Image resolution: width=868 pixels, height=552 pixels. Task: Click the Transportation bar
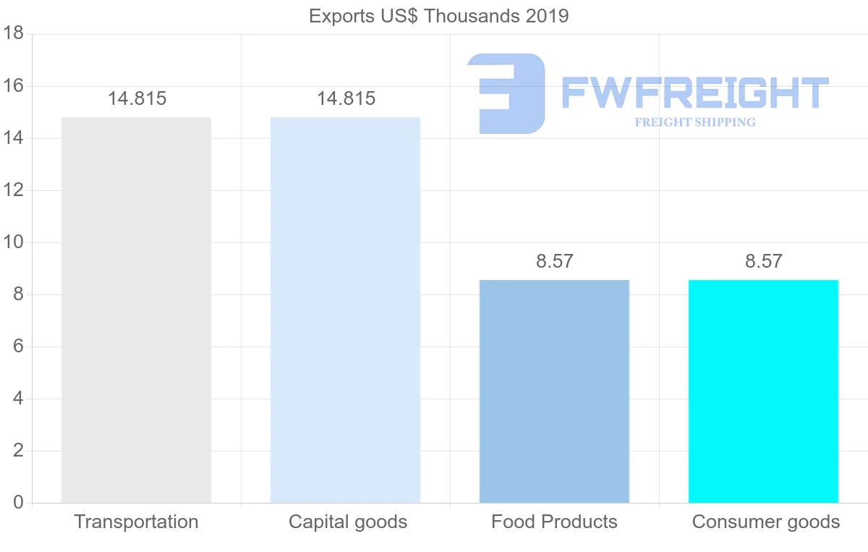(136, 310)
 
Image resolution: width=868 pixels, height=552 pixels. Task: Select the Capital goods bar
(345, 310)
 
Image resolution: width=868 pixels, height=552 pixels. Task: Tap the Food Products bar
(554, 391)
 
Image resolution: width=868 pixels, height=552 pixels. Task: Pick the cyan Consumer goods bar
(763, 391)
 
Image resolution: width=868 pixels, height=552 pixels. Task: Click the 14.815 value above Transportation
(137, 99)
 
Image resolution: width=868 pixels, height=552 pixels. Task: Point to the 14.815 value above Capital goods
(346, 99)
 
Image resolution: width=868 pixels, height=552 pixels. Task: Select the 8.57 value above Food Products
(555, 261)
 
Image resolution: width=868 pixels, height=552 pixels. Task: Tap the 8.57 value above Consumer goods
(764, 261)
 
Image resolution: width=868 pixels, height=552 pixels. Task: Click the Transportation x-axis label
(136, 522)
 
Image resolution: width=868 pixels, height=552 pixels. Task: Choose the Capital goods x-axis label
(348, 522)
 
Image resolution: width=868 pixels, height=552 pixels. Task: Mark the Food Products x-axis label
(554, 522)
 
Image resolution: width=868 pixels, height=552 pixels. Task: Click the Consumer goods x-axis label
(766, 522)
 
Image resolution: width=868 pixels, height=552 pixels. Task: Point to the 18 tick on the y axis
(14, 34)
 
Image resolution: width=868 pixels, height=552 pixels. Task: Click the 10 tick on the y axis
(14, 242)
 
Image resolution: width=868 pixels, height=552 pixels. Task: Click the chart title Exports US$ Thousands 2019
(438, 16)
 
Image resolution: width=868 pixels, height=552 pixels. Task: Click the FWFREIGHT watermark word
(694, 93)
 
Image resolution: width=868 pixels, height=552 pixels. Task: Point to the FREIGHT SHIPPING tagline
(694, 122)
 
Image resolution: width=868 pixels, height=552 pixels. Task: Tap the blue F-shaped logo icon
(506, 93)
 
